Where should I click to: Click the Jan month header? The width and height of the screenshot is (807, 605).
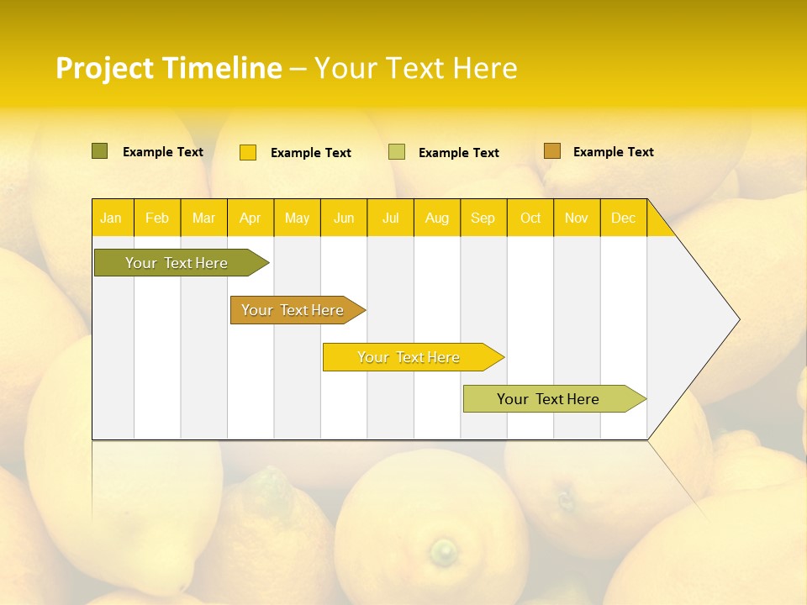click(111, 218)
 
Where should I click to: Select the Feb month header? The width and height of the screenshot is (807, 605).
click(157, 218)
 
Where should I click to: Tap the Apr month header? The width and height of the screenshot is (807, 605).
click(251, 218)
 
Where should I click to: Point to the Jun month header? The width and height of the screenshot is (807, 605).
click(344, 218)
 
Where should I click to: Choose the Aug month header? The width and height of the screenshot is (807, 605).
click(437, 218)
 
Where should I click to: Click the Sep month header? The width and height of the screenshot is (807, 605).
click(483, 218)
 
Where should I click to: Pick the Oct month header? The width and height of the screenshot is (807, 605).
click(530, 218)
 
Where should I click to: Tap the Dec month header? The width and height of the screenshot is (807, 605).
click(624, 218)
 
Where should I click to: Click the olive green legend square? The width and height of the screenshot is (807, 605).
click(100, 151)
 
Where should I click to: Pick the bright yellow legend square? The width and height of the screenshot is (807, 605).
click(248, 152)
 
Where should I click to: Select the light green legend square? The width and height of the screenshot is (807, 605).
click(397, 152)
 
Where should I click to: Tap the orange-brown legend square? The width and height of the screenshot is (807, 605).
click(552, 151)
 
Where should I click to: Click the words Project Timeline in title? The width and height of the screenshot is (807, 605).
click(168, 68)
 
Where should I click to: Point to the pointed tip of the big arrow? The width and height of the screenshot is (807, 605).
click(738, 319)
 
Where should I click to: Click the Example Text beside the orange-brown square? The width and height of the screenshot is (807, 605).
click(613, 152)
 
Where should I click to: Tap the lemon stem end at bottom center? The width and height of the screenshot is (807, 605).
click(444, 552)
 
